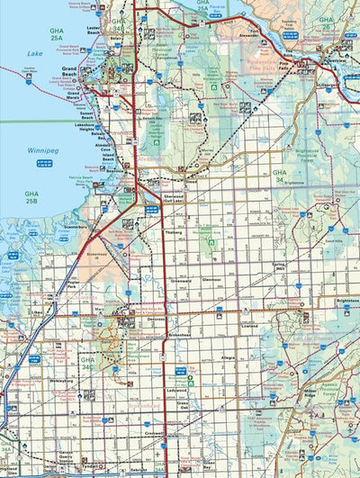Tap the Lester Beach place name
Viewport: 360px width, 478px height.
(x=93, y=29)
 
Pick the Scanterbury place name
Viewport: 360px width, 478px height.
(x=76, y=228)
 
